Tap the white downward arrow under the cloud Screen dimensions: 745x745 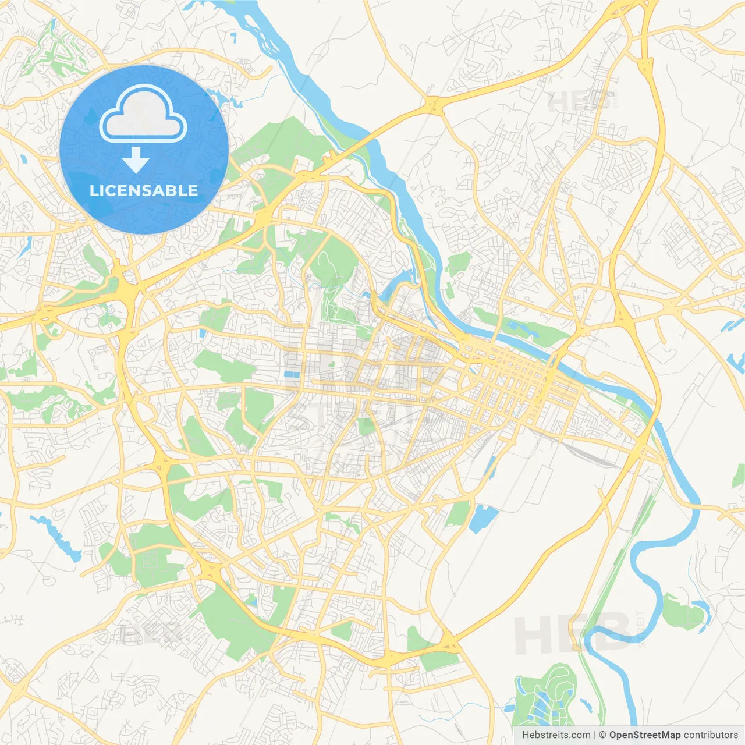(136, 159)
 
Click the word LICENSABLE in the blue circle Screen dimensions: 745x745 (144, 190)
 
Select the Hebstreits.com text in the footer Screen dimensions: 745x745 (556, 735)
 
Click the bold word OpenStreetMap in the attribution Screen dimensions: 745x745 (644, 735)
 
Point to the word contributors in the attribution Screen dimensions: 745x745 (711, 735)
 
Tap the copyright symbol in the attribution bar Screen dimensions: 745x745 (603, 735)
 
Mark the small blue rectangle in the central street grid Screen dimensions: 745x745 (292, 375)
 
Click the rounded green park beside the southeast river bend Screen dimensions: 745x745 (684, 613)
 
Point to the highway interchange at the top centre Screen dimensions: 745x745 (432, 105)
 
